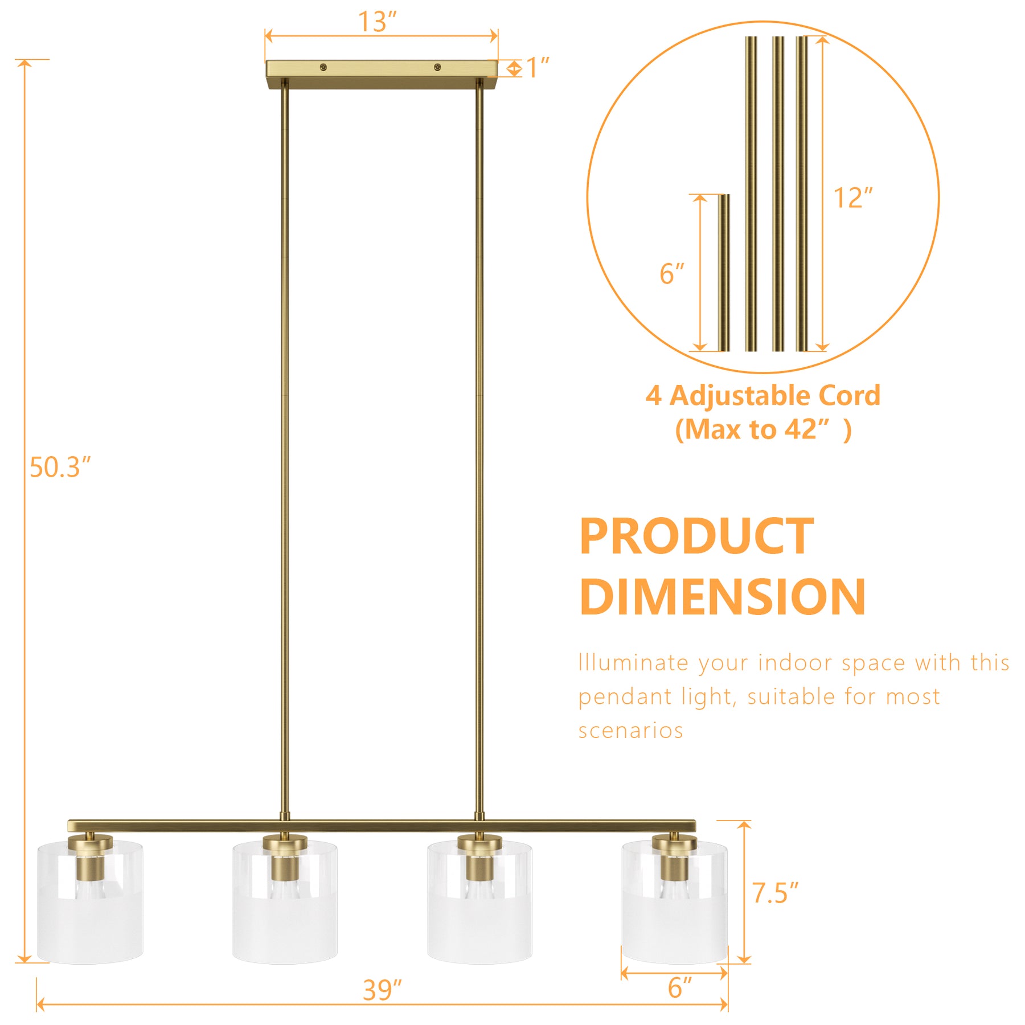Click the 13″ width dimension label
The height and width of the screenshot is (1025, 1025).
pyautogui.click(x=376, y=22)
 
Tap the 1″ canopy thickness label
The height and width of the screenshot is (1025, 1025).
pyautogui.click(x=538, y=68)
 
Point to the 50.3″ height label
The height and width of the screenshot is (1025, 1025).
pyautogui.click(x=60, y=467)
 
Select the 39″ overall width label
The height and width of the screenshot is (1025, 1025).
pyautogui.click(x=382, y=990)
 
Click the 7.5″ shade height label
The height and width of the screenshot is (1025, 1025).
pyautogui.click(x=775, y=893)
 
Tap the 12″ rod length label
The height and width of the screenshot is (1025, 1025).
pyautogui.click(x=852, y=198)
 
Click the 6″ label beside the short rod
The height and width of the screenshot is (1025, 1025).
pyautogui.click(x=671, y=274)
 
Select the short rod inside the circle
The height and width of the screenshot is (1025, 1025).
pyautogui.click(x=723, y=273)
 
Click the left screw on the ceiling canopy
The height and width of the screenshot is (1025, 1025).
pyautogui.click(x=323, y=67)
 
